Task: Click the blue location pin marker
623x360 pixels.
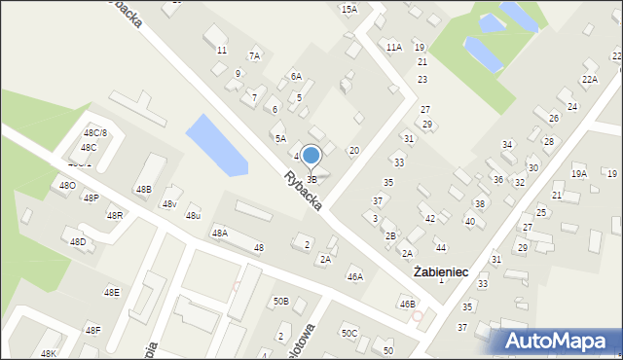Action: [311, 156]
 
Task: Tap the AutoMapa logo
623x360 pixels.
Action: [559, 341]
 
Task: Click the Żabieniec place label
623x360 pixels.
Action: [442, 272]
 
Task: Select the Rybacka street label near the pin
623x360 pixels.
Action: [304, 192]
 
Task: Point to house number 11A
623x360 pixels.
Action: [393, 47]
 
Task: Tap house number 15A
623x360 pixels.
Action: [348, 9]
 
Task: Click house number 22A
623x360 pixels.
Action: [590, 80]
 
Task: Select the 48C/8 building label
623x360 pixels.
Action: [95, 132]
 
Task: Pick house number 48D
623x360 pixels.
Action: [78, 241]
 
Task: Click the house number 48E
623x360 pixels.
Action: [112, 292]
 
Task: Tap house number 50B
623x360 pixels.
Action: [280, 302]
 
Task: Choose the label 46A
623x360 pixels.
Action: [355, 277]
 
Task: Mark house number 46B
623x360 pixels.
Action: [407, 304]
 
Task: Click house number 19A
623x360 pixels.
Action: [579, 173]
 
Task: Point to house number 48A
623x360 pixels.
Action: [220, 234]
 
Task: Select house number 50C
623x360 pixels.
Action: [348, 333]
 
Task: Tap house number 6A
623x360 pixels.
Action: [296, 76]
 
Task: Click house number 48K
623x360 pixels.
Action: [49, 353]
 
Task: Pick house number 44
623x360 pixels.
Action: [440, 248]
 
